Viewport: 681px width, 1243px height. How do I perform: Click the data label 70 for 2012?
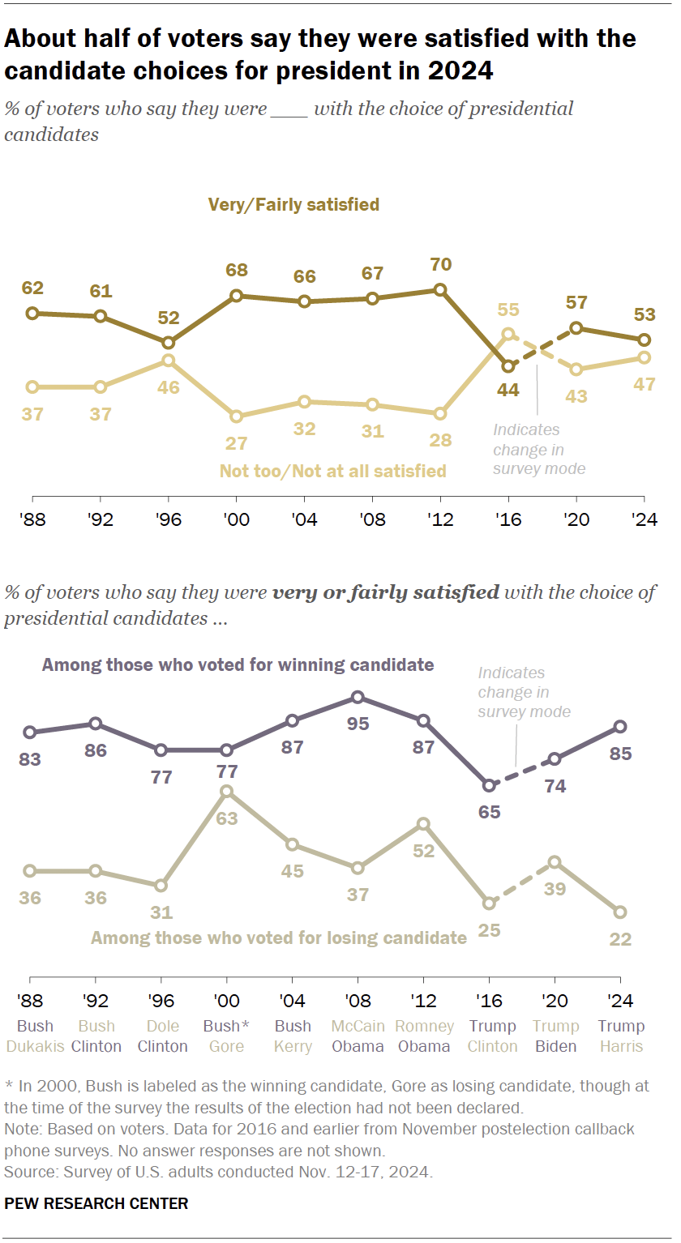click(x=441, y=264)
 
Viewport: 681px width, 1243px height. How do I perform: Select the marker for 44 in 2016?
click(x=508, y=366)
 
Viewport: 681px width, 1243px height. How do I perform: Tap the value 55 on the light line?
click(x=508, y=309)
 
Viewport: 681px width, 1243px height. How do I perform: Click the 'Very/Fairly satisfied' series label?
click(x=293, y=204)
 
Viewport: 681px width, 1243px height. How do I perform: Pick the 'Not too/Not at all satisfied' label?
click(x=332, y=471)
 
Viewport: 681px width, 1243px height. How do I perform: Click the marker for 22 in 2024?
click(x=620, y=912)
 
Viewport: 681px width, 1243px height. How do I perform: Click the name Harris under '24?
click(x=620, y=1046)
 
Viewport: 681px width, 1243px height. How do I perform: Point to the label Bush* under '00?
click(x=226, y=1026)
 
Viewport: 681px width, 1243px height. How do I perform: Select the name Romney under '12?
click(x=423, y=1026)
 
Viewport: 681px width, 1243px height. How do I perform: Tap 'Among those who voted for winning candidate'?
click(x=238, y=665)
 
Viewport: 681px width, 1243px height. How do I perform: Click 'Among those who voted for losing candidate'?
click(x=278, y=938)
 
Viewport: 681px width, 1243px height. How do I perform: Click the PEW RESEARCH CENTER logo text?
click(x=96, y=1203)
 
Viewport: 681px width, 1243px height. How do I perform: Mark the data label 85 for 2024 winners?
click(x=620, y=753)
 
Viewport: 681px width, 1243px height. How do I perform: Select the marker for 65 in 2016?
click(x=489, y=785)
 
